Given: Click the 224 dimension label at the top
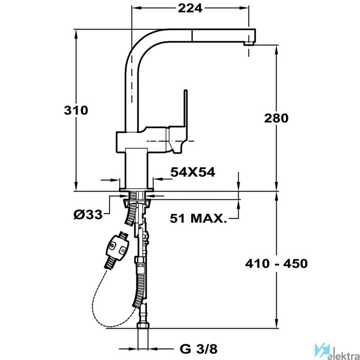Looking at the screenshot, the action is tap(190, 8).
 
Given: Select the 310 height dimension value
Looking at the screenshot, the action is tap(76, 110).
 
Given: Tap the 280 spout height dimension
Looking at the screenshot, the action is tap(276, 118).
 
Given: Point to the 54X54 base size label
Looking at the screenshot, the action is tap(193, 172).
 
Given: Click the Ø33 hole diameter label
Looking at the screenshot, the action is tap(88, 215).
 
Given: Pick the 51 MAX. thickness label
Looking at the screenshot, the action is tap(198, 218).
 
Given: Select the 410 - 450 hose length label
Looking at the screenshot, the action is tap(276, 264).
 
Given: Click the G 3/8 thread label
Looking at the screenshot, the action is tap(198, 350).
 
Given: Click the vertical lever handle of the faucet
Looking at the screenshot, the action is tap(185, 108).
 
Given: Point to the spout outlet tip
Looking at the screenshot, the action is tap(249, 44).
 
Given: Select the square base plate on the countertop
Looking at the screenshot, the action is tap(136, 189).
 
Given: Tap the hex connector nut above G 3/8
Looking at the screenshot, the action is tap(143, 326).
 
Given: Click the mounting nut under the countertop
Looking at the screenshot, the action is tap(137, 203).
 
